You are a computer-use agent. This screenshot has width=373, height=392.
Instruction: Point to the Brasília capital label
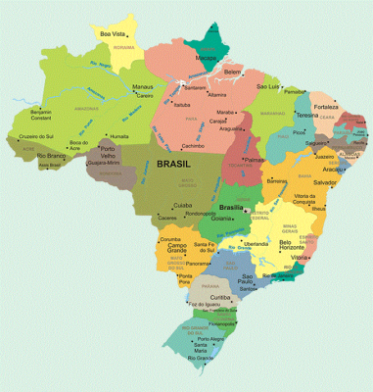pyautogui.click(x=231, y=208)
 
